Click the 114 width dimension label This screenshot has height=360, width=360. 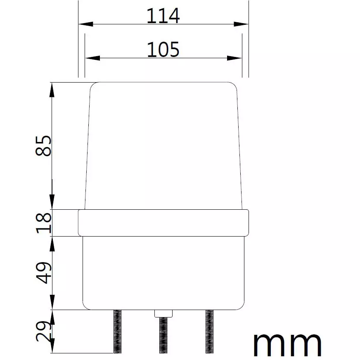163,17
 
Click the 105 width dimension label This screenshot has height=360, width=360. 163,50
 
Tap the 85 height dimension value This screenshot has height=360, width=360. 44,145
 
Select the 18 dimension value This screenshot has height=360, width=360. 44,223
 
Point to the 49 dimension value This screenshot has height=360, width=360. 44,272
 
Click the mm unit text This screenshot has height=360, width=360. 287,344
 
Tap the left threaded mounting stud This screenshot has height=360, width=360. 117,331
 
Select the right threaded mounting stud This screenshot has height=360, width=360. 210,331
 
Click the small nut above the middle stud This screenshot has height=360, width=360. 163,313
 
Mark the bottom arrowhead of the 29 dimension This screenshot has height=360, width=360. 52,347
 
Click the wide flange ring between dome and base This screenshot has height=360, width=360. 163,223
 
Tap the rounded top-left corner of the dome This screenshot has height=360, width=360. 93,85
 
